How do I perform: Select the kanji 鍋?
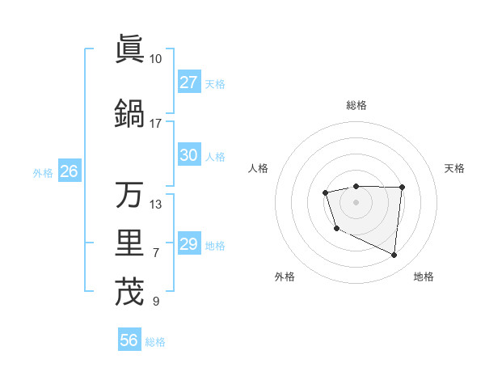129,112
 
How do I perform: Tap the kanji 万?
129,195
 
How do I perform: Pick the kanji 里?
129,243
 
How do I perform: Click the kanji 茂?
129,291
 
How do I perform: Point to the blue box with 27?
189,82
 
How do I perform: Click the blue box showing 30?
189,155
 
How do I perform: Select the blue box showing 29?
189,244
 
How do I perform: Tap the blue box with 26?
69,171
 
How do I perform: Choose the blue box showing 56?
129,340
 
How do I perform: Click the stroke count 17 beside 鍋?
156,124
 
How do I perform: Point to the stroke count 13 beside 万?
156,204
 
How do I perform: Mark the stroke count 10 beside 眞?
156,59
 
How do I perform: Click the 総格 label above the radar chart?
356,105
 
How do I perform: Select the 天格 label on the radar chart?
454,168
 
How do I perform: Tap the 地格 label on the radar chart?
424,277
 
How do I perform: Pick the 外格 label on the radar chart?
285,277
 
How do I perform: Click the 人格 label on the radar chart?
259,168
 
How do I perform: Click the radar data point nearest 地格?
394,255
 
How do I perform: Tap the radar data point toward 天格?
402,188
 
